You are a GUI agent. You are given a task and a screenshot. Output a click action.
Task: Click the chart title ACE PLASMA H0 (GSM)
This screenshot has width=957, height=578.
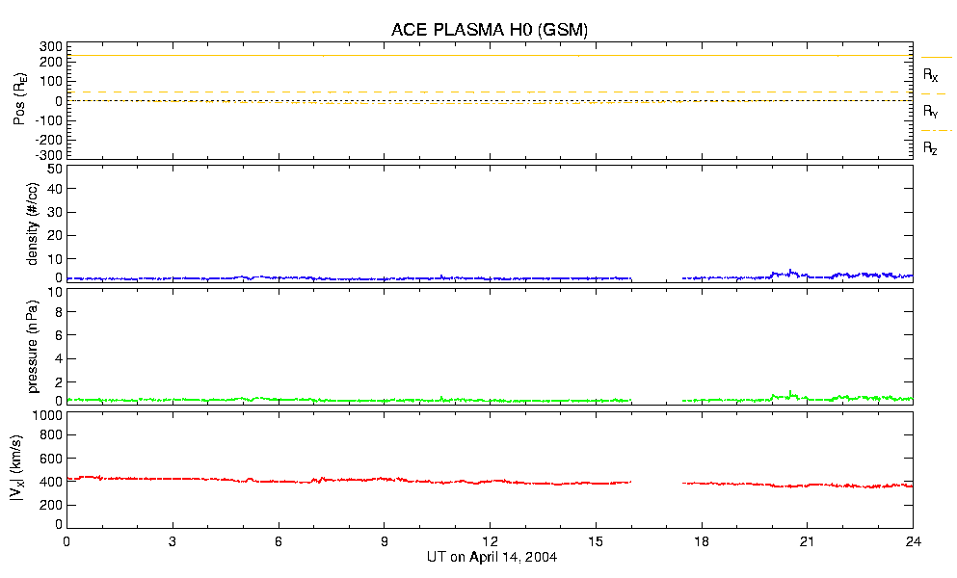[490, 30]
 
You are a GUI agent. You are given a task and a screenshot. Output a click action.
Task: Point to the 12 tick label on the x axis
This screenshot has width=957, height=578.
[491, 541]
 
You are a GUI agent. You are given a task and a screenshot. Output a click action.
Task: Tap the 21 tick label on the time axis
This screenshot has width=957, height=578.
[808, 541]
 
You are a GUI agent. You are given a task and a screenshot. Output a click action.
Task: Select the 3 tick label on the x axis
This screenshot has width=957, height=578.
[173, 541]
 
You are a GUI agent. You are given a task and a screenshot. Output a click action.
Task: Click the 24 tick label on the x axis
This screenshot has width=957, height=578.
[914, 541]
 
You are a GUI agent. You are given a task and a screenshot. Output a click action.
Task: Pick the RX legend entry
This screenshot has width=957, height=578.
[930, 74]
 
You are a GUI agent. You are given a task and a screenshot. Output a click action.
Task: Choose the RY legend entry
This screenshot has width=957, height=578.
[930, 112]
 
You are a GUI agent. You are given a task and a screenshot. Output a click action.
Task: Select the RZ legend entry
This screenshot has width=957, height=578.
[930, 148]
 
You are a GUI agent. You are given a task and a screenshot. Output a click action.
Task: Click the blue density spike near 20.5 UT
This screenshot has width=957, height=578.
[790, 271]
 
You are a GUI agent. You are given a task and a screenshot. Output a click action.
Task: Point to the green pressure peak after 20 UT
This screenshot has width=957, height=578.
[790, 392]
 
